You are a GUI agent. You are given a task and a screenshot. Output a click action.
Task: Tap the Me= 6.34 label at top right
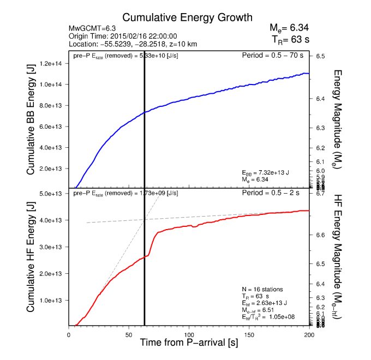[289, 28]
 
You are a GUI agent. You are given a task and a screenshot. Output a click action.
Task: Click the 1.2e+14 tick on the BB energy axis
[51, 64]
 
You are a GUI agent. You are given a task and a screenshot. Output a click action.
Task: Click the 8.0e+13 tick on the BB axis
[51, 106]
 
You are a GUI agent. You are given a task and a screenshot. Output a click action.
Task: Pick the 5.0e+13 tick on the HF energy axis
[51, 194]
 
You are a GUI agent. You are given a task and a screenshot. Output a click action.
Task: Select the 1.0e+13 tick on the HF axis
[51, 301]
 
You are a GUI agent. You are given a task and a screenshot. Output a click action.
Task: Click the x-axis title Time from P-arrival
[188, 343]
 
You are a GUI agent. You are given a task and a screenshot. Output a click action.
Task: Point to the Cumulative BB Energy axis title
[31, 126]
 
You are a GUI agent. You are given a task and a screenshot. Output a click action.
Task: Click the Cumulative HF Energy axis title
[31, 259]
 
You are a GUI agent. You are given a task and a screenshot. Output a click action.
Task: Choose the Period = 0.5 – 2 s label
[276, 194]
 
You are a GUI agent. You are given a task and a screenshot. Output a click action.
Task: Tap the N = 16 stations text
[262, 289]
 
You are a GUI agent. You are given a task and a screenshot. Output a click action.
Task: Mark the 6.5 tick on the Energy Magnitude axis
[320, 56]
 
